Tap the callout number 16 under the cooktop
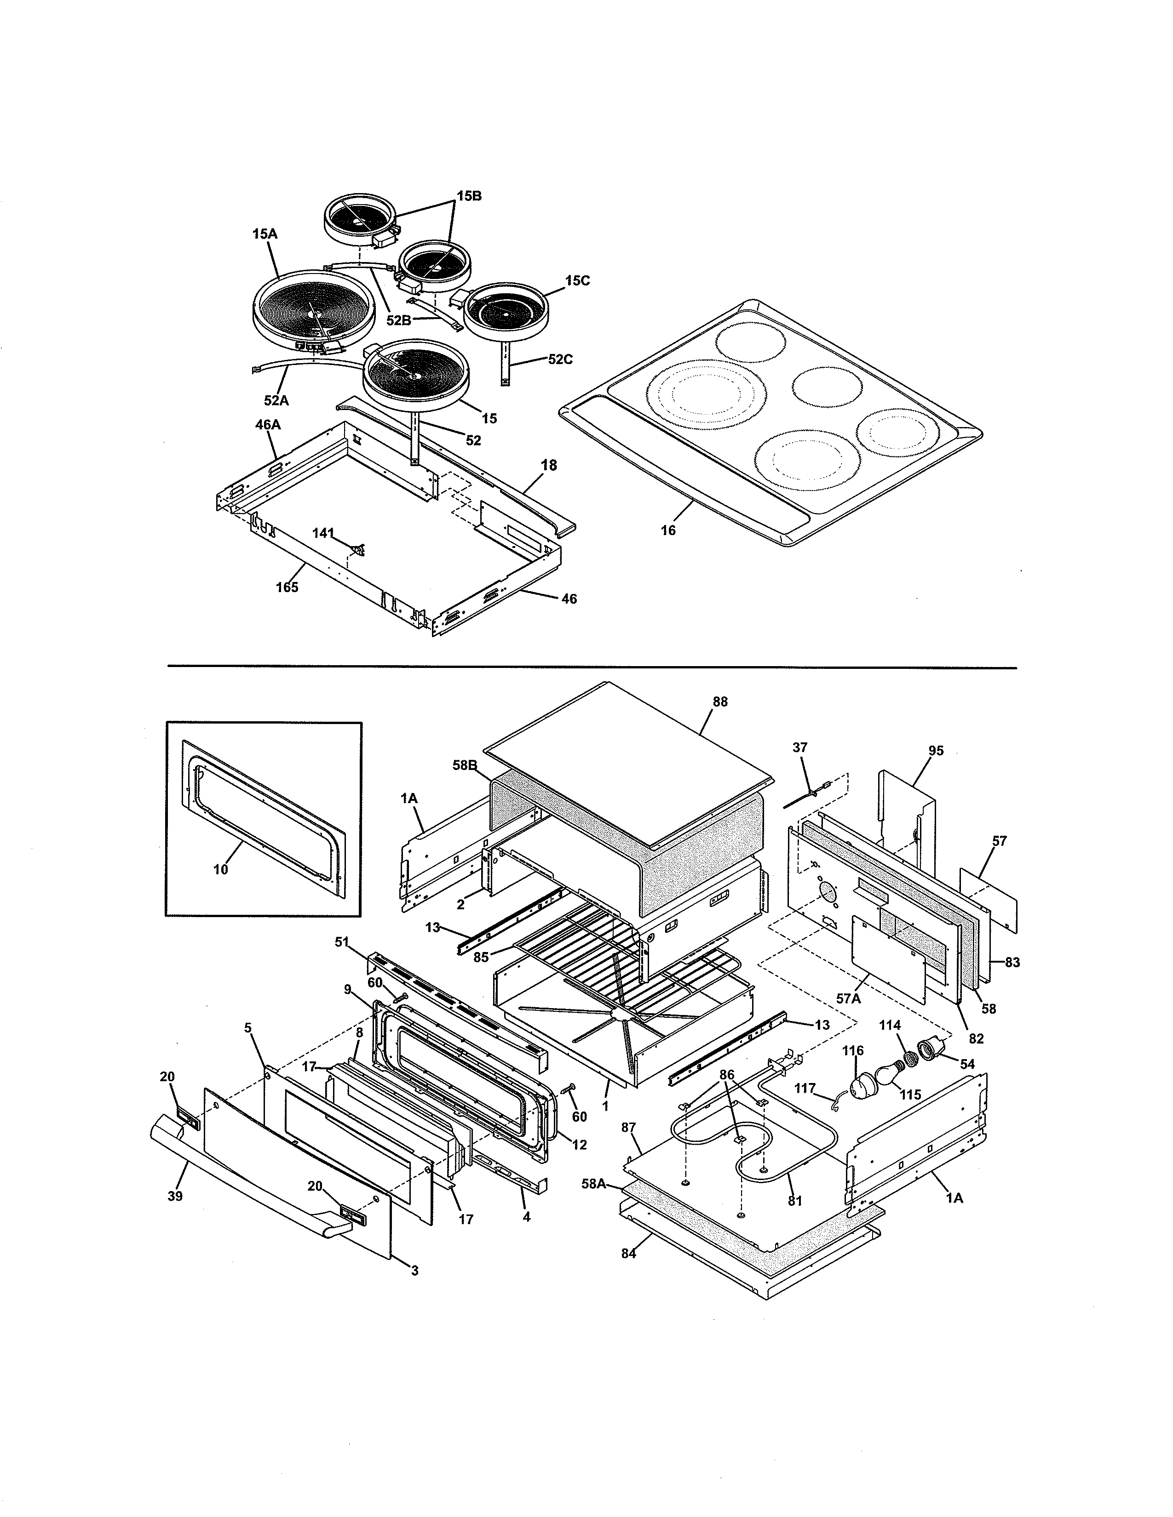tap(668, 530)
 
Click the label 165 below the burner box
tap(287, 587)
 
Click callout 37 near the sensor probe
tap(800, 747)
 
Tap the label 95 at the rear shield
tap(936, 750)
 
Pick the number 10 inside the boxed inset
tap(220, 869)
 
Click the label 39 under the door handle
tap(175, 1196)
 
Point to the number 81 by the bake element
tap(795, 1200)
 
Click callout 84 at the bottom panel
tap(628, 1254)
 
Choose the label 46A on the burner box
tap(268, 424)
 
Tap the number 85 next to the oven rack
tap(481, 957)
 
